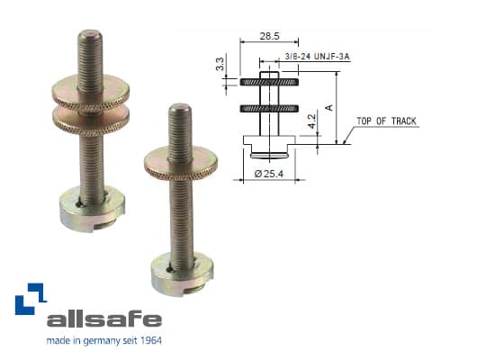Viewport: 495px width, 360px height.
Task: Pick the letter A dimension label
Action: coord(329,107)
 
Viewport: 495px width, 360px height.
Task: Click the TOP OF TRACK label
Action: coord(386,121)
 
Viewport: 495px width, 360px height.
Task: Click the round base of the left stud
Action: coord(85,212)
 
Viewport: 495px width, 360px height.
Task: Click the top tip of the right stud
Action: coord(179,109)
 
